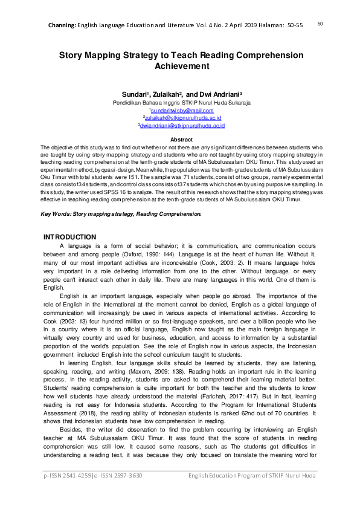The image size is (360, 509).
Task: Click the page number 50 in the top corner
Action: click(x=320, y=24)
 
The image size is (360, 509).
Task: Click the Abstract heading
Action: click(x=182, y=140)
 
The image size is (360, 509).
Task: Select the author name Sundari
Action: click(x=132, y=95)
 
